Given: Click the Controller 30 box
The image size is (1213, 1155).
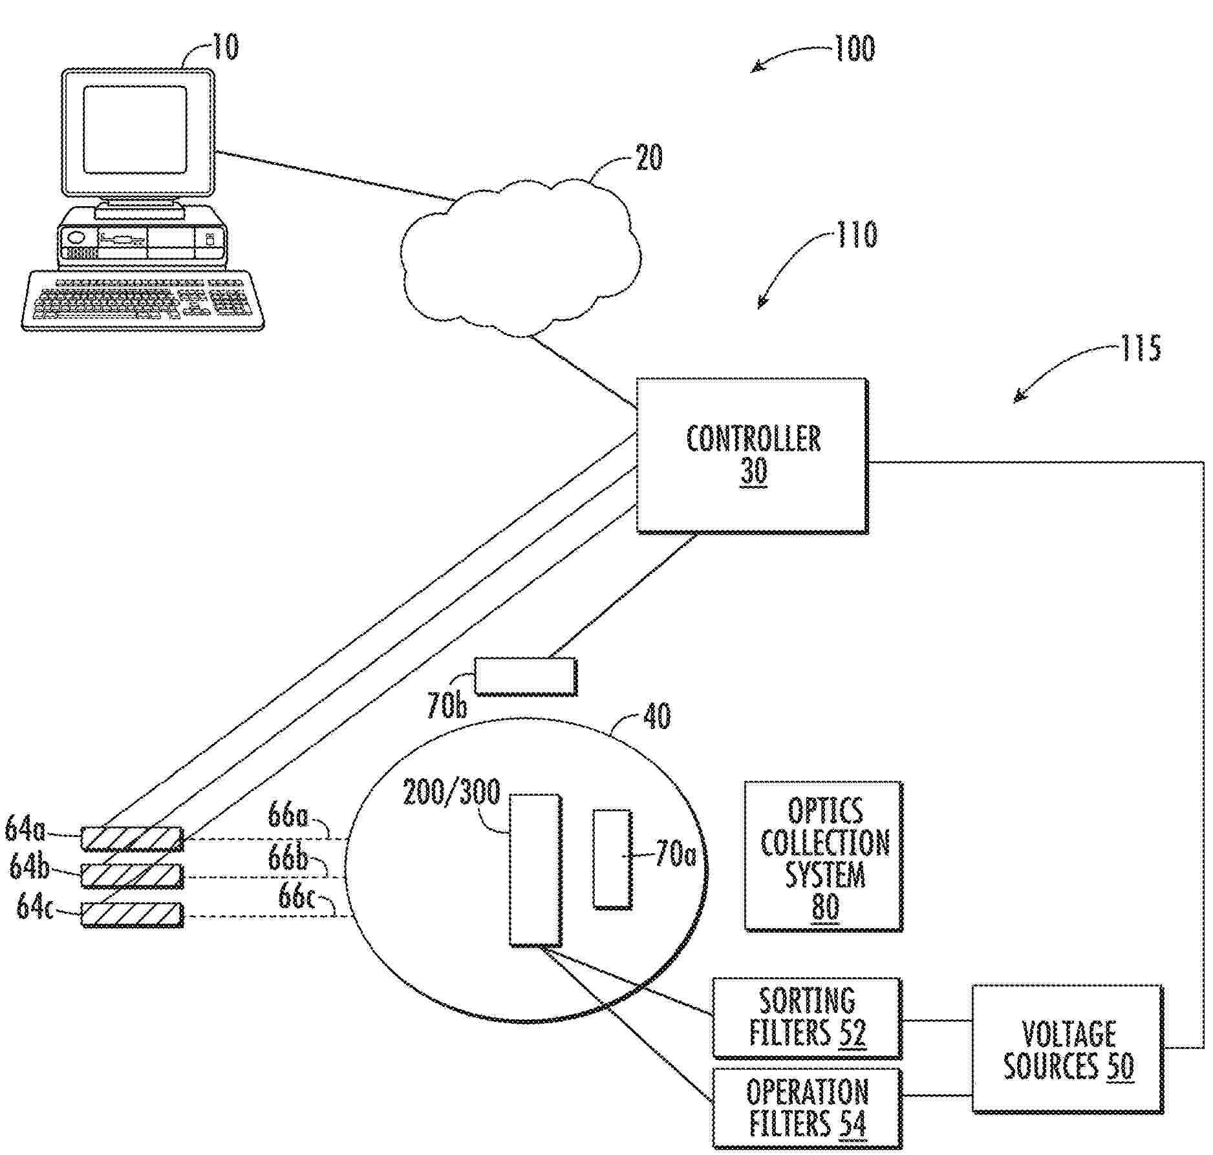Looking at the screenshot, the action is tap(753, 456).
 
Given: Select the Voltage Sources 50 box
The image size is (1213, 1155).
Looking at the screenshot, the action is tap(1068, 1048).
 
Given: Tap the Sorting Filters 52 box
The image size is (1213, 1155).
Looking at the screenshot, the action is tap(808, 1018).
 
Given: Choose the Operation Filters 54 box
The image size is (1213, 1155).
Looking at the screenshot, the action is tap(808, 1108).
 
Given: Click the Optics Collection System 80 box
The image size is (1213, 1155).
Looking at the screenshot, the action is tap(824, 856).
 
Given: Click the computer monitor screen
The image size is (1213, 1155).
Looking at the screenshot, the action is tap(135, 130).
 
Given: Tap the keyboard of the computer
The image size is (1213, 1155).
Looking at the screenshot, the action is tap(144, 300).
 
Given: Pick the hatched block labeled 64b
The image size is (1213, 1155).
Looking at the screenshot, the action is tap(132, 876).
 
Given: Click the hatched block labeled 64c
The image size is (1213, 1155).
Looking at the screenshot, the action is tap(132, 915).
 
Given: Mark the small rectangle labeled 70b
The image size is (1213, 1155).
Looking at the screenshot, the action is tap(526, 676).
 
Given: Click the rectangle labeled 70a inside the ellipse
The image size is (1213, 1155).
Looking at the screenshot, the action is tap(612, 858).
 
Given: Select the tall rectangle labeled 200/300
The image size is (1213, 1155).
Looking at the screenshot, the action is tap(535, 870).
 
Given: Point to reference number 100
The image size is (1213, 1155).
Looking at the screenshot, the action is tap(855, 48).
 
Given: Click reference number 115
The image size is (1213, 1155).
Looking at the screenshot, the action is tap(1141, 348).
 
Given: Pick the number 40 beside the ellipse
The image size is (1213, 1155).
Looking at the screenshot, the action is tap(657, 716).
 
